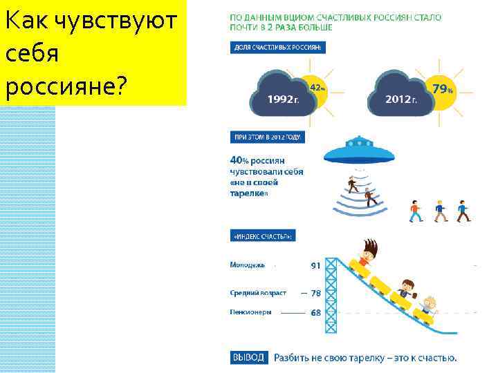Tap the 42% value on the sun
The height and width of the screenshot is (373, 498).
pos(317,88)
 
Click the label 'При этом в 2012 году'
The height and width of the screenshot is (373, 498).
pos(266,137)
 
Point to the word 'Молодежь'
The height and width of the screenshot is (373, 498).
pos(247,265)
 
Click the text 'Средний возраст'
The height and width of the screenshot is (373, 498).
pos(258,293)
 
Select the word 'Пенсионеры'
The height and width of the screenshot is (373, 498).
pos(250,312)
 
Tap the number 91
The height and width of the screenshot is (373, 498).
pos(315,265)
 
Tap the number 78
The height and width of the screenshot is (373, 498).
pos(315,293)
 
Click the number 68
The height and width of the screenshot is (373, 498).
pos(315,312)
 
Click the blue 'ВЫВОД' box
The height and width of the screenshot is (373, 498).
pos(248,357)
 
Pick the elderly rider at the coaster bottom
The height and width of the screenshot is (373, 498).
pos(430,305)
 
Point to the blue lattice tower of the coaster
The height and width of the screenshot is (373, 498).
pos(331,297)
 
